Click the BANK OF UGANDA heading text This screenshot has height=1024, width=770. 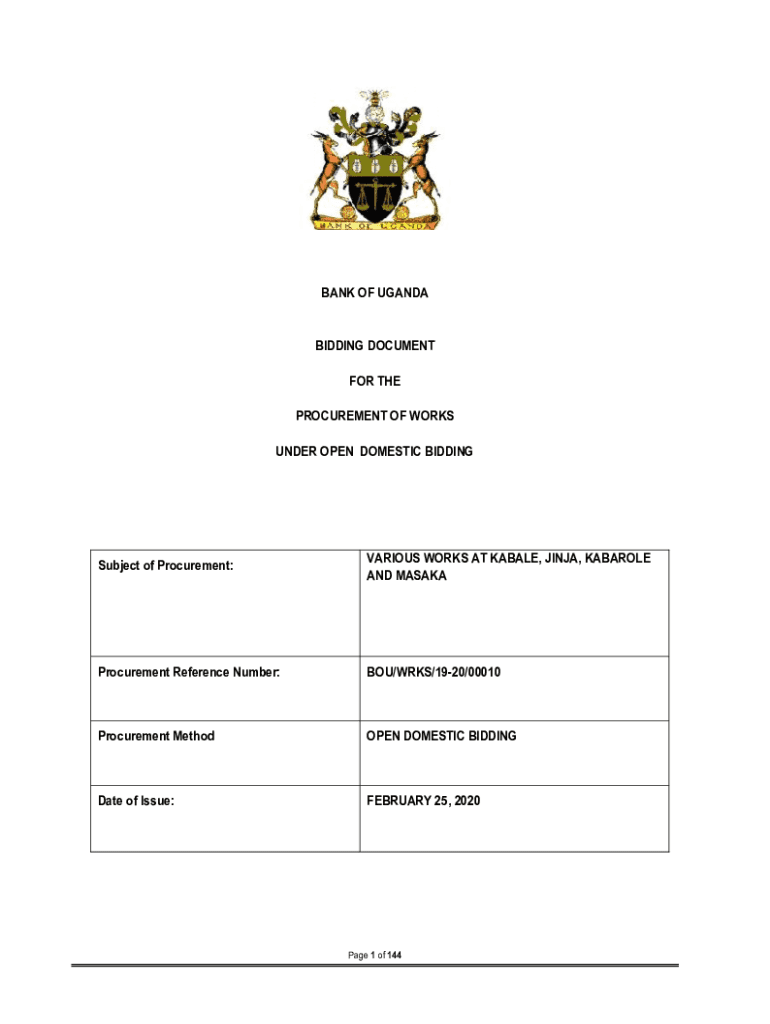(x=374, y=293)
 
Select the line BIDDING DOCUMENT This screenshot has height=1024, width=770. (x=374, y=346)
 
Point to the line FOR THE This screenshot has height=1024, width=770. (x=374, y=381)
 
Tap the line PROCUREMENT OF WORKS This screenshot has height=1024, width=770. (x=374, y=416)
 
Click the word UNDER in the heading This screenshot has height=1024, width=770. (x=296, y=452)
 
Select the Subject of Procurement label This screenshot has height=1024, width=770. (x=165, y=566)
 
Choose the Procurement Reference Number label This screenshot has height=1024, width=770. (x=189, y=673)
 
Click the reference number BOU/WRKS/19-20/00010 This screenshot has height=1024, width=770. (x=433, y=673)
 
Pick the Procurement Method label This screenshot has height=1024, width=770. (x=156, y=736)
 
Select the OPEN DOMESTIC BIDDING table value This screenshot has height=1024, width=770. (x=441, y=736)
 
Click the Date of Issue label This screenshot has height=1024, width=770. (x=136, y=800)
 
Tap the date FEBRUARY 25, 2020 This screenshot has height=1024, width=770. (x=423, y=800)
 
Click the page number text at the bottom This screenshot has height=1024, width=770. (x=374, y=956)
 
